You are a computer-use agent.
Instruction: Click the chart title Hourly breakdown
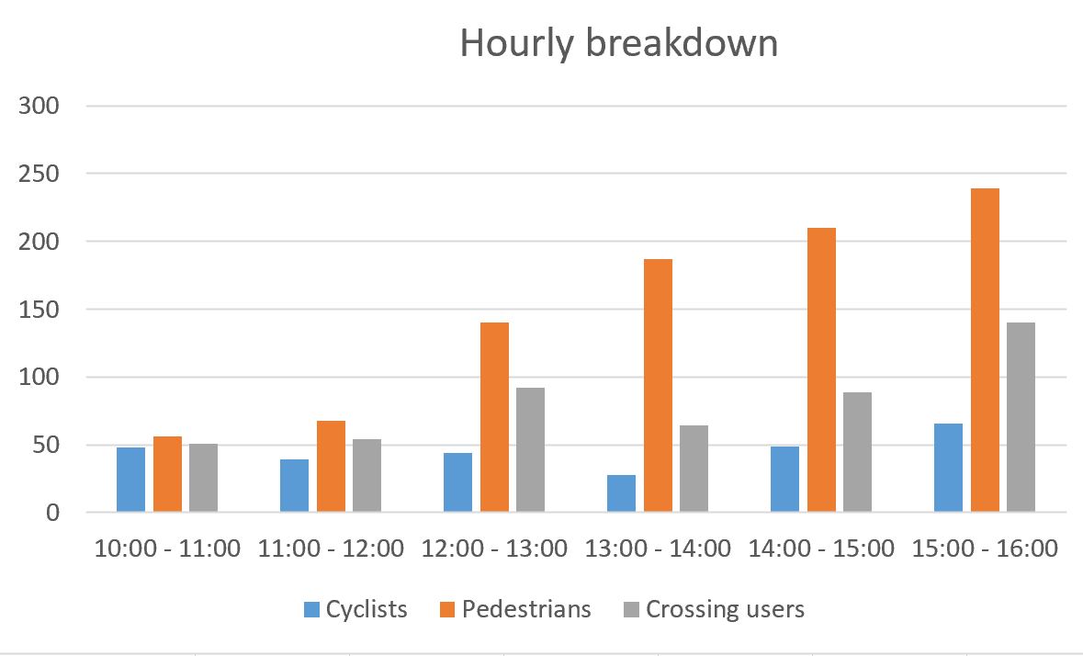pos(618,43)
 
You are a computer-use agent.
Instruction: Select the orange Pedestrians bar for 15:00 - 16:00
pos(985,350)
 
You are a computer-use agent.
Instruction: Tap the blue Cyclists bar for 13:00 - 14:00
pos(621,493)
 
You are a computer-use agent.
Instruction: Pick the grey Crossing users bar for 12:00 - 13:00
pos(530,450)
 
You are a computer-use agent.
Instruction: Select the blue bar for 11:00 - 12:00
pos(294,486)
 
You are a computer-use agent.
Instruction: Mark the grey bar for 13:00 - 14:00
pos(694,469)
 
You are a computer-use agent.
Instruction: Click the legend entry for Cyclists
pos(355,609)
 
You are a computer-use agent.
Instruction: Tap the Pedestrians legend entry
pos(514,609)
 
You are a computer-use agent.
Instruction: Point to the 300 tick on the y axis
pos(39,106)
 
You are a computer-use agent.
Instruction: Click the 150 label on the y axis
pos(39,310)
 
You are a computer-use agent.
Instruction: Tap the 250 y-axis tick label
pos(39,174)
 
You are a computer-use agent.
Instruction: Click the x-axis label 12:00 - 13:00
pos(494,549)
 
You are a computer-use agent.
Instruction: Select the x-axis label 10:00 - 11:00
pos(167,549)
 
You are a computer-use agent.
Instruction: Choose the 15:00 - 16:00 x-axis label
pos(985,549)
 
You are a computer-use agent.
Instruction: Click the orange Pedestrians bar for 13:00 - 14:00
pos(658,386)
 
